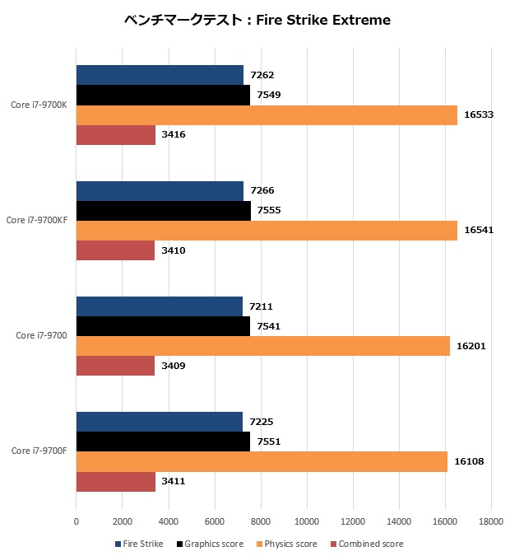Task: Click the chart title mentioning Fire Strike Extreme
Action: [x=257, y=20]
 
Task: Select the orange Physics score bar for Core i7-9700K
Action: [x=267, y=115]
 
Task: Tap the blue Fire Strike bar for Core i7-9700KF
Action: [x=160, y=191]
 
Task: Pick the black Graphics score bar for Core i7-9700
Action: [x=163, y=326]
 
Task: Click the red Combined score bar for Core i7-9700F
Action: [x=116, y=482]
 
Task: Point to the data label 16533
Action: [x=479, y=114]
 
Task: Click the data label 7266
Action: [x=262, y=190]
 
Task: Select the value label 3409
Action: [x=174, y=366]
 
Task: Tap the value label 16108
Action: [x=469, y=461]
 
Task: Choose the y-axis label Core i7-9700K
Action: [x=39, y=105]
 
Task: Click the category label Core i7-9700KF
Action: [x=36, y=220]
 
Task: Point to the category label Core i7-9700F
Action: [x=39, y=451]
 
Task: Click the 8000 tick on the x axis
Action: [x=261, y=521]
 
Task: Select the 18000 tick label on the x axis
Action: [x=491, y=521]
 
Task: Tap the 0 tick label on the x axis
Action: [x=76, y=521]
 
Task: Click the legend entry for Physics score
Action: [x=286, y=544]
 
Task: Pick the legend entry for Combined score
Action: [x=367, y=544]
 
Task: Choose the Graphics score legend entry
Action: [x=210, y=544]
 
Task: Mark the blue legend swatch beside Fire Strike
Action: [x=118, y=544]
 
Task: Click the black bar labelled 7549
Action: [x=163, y=95]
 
